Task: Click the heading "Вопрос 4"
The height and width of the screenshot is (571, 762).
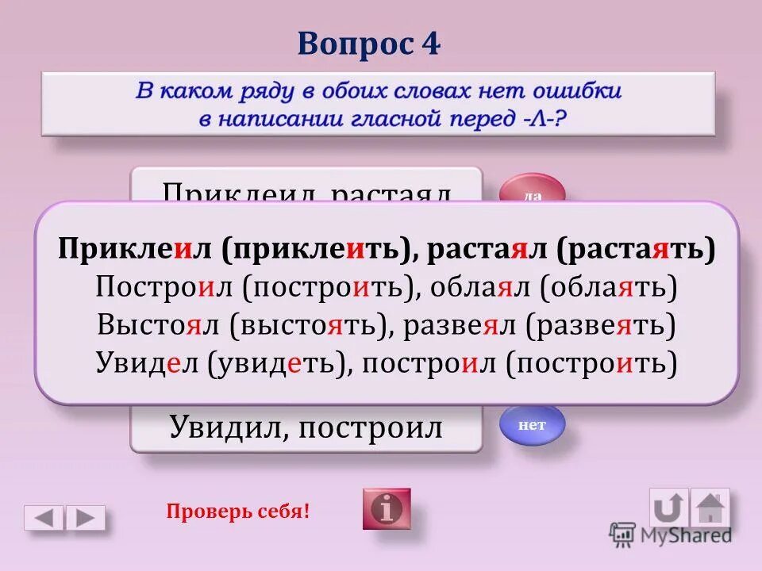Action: (369, 44)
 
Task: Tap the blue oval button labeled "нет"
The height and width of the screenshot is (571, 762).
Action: (532, 425)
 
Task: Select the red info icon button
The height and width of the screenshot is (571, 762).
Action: (387, 508)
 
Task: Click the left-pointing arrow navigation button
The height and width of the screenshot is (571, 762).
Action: (44, 518)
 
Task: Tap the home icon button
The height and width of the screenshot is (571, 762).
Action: (710, 508)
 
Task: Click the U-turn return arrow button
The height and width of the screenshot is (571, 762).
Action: (668, 508)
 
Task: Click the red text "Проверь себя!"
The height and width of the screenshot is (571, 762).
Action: (237, 512)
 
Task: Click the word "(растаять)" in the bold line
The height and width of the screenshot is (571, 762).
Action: (636, 249)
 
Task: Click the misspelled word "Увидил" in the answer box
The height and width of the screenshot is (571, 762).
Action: (217, 428)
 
